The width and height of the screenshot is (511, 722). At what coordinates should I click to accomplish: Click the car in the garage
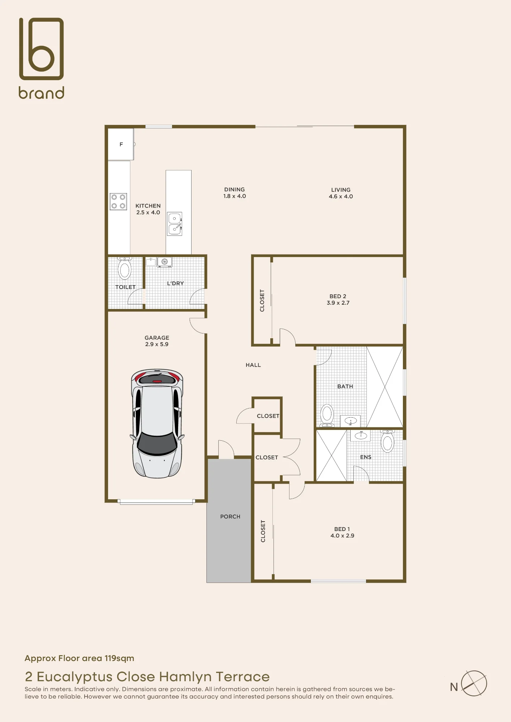coord(157,423)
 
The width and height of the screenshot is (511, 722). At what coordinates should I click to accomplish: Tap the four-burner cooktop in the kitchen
coord(118,201)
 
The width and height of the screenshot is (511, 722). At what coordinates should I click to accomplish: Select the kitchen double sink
coord(175,224)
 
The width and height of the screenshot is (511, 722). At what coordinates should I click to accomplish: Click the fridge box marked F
coord(121,144)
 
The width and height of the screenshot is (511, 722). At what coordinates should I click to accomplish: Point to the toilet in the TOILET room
coord(125,268)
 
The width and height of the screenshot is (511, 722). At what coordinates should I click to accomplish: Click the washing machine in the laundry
coord(164,262)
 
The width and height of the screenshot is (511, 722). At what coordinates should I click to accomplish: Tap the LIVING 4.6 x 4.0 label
coord(341,193)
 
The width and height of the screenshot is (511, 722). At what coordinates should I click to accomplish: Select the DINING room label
coord(235,190)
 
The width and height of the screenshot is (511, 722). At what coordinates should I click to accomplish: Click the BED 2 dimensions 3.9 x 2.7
coord(338,303)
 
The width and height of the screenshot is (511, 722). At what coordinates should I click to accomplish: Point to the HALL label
coord(253,365)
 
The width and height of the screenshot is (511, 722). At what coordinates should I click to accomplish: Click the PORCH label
coord(230,517)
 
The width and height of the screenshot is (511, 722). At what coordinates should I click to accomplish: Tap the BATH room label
coord(345,386)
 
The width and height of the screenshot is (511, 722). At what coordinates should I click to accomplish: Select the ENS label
coord(366,457)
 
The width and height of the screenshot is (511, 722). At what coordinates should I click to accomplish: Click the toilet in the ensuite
coord(387,441)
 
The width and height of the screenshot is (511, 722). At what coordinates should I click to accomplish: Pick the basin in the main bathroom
coord(351,421)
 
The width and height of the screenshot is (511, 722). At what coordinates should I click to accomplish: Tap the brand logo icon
coord(42,49)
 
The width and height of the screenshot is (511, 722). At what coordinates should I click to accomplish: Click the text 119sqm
coord(119,658)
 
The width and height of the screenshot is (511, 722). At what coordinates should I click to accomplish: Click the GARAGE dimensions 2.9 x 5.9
coord(157,344)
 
